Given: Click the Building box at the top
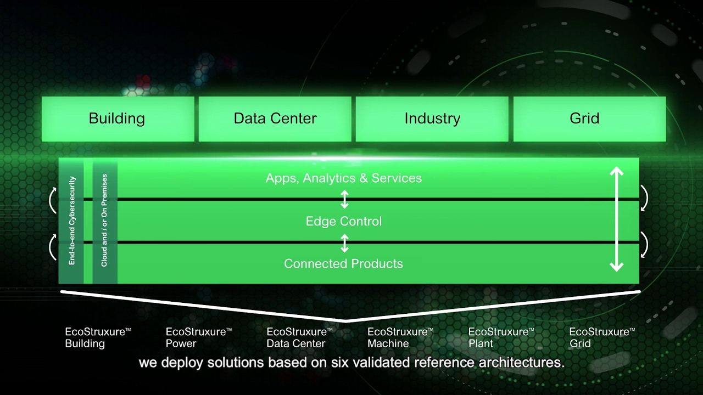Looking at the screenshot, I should (x=118, y=119).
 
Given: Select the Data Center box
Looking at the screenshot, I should (x=275, y=119).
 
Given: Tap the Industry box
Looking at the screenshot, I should (x=432, y=119).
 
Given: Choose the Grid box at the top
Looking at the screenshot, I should (x=584, y=119).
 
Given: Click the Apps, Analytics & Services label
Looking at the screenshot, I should (x=344, y=178).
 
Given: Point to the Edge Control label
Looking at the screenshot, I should (x=344, y=221).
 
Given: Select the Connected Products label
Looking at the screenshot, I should (x=343, y=264).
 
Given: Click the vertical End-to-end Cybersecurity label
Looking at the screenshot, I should (x=72, y=221).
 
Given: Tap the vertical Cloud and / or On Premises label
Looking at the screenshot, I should (x=104, y=221).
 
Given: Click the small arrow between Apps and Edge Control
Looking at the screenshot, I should (x=344, y=199).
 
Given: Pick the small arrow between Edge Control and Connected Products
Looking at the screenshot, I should (x=344, y=242).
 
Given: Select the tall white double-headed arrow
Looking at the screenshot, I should (x=617, y=219).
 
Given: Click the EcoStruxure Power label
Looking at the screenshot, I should (x=198, y=337).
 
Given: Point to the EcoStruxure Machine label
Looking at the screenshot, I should (x=400, y=337).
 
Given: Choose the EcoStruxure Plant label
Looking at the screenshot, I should (x=501, y=337).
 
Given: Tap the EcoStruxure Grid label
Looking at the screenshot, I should (x=601, y=337).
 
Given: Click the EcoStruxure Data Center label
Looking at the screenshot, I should (x=299, y=337).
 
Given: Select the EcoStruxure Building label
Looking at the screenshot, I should (x=98, y=337).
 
